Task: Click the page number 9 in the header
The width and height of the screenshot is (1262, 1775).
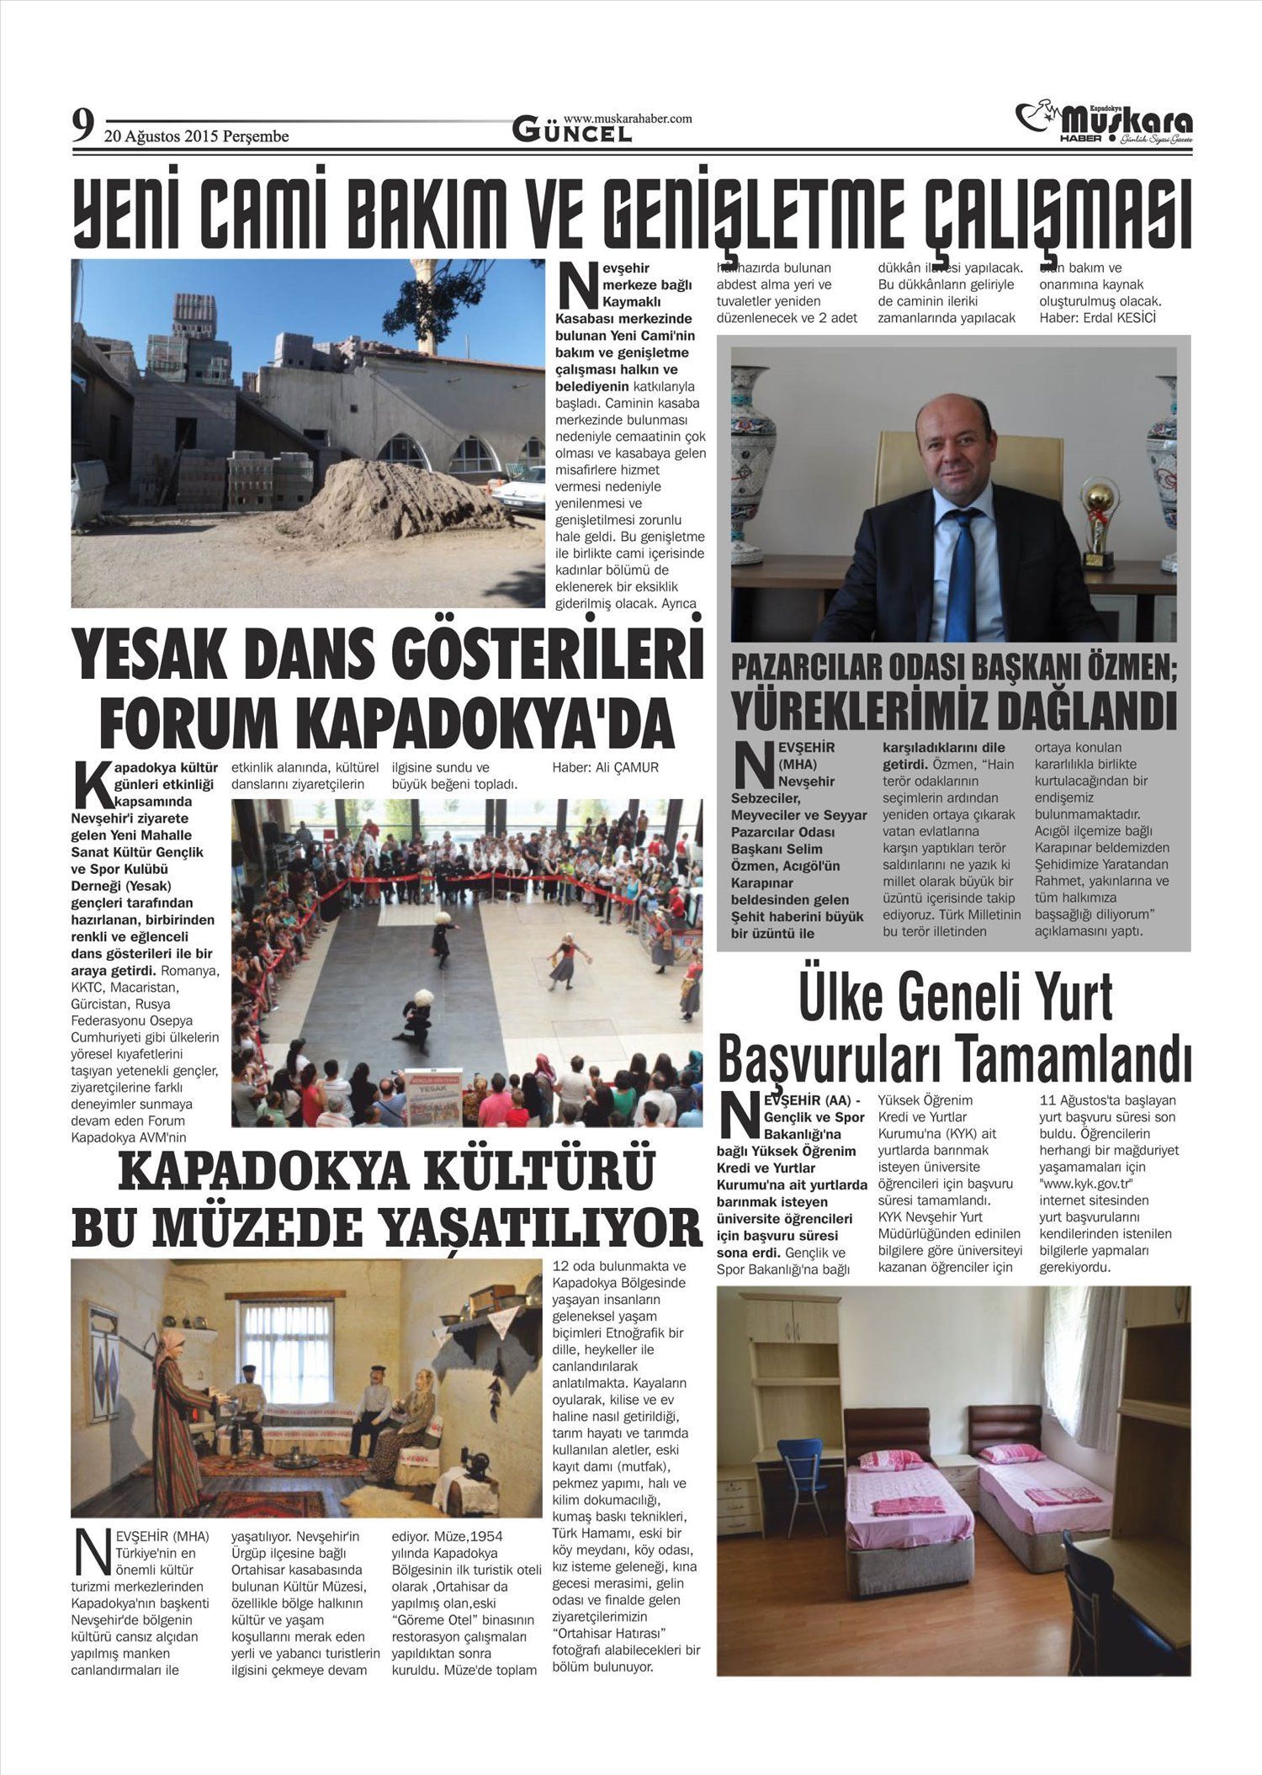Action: [82, 127]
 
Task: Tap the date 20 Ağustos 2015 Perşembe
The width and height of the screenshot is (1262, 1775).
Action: [196, 136]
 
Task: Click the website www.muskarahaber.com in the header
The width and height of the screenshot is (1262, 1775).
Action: [628, 119]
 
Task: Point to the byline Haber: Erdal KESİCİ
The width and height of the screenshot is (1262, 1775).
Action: [1097, 318]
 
